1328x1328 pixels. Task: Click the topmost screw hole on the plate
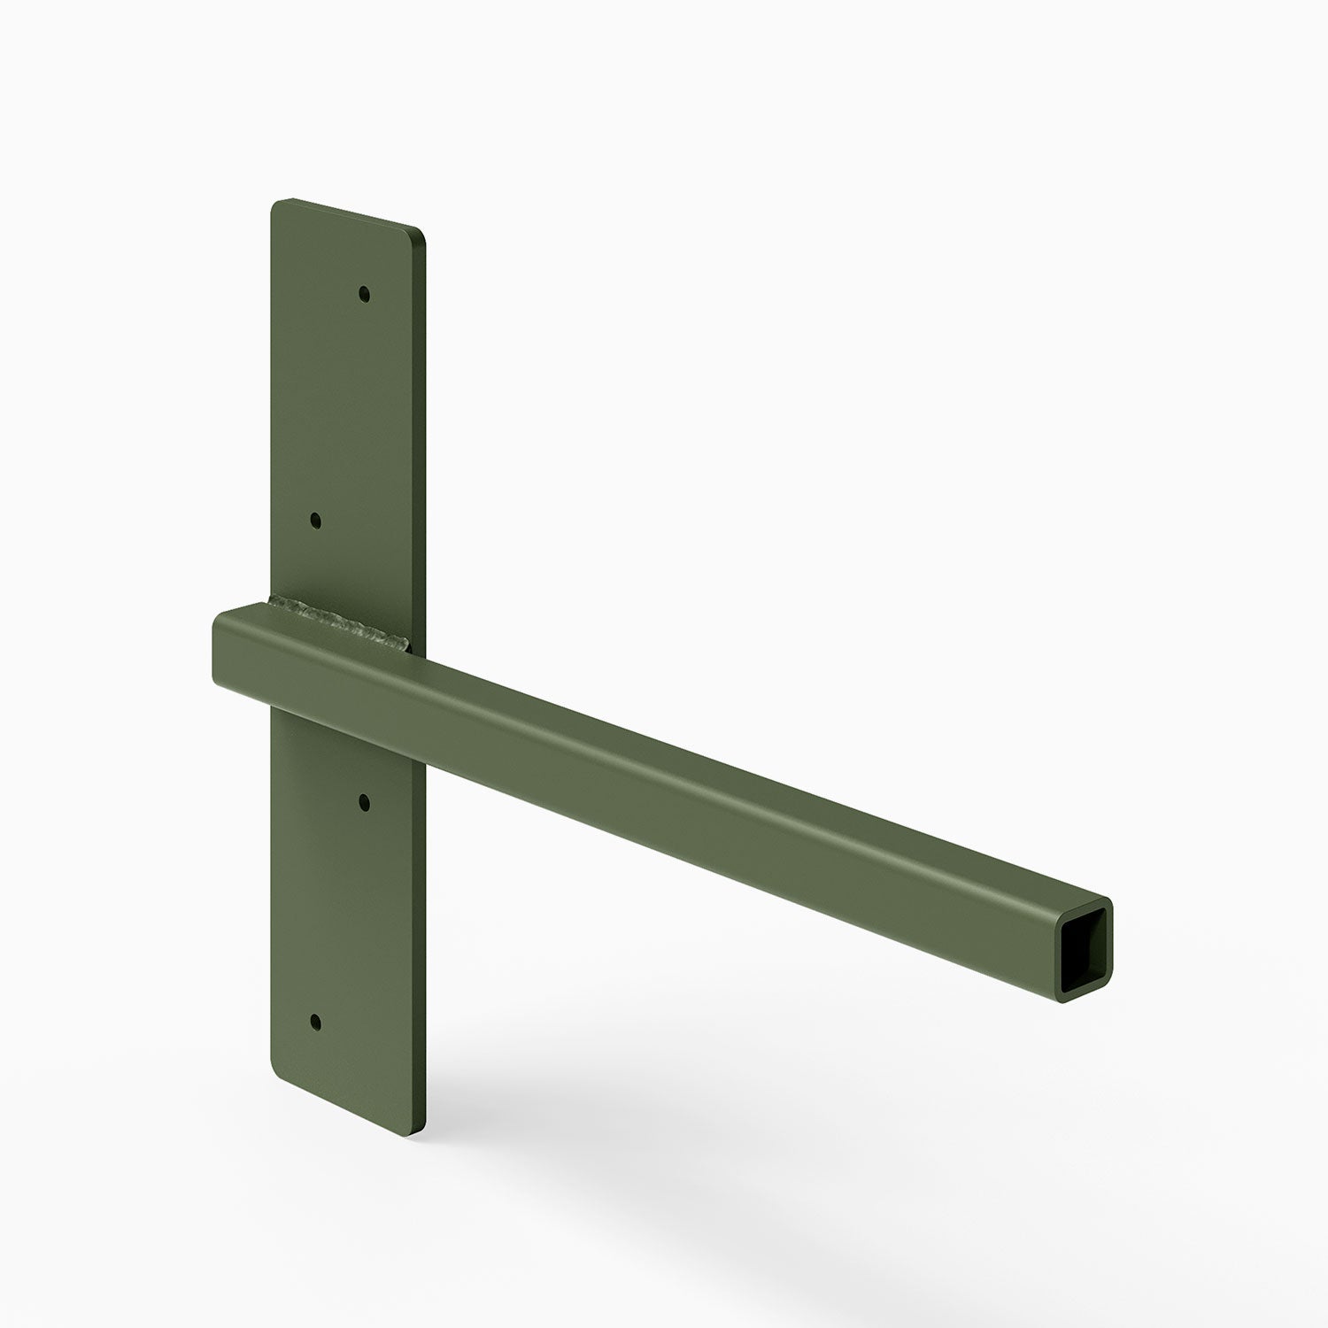[364, 293]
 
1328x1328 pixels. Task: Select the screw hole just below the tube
[363, 801]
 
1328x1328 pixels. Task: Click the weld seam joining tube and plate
[340, 621]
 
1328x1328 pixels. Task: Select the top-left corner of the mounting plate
[275, 203]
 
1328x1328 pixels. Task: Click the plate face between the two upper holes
[342, 407]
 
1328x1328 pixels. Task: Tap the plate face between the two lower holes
[342, 912]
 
